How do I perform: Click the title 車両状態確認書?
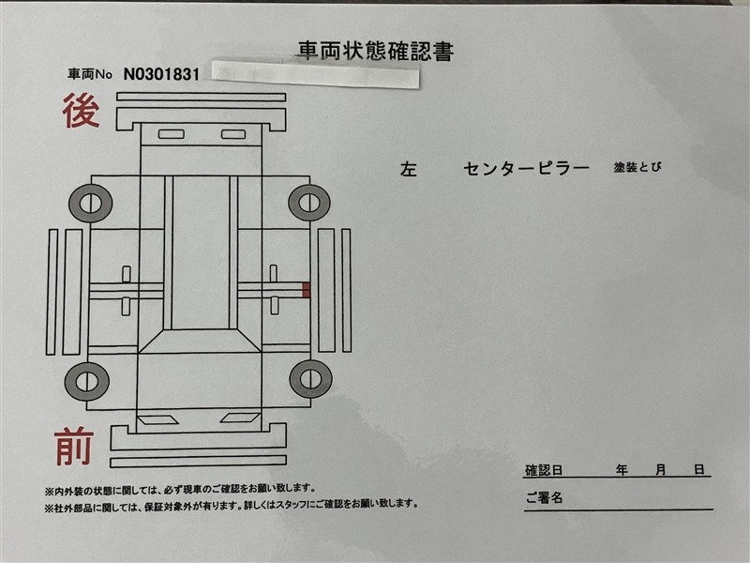[375, 50]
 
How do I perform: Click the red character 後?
[81, 112]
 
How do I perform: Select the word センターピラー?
[526, 169]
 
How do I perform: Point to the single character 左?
[409, 170]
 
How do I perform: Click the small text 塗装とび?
[638, 168]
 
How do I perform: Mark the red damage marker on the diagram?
[307, 289]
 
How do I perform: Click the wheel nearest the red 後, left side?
[91, 203]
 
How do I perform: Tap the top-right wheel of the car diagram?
[308, 203]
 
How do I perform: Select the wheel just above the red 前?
[87, 381]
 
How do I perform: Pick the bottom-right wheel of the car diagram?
[310, 378]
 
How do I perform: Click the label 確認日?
[544, 469]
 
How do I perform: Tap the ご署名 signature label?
[544, 498]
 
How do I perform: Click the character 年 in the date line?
[622, 469]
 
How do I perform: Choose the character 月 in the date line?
[661, 469]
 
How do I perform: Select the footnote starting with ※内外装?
[179, 489]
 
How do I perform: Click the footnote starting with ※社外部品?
[231, 505]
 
